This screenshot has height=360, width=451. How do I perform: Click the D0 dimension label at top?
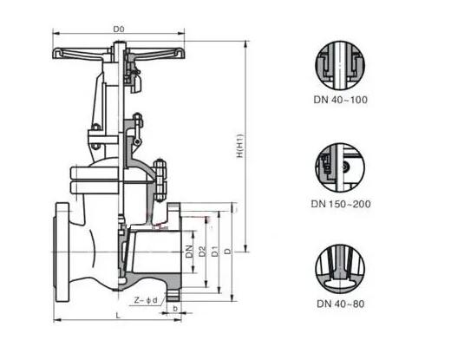point(119,29)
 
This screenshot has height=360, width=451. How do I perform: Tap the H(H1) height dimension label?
point(240,146)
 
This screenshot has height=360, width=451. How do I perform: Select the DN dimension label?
point(189,252)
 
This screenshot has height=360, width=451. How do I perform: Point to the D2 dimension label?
point(202,251)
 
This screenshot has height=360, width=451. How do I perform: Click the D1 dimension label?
point(215,251)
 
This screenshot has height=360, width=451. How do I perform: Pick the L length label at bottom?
point(118,315)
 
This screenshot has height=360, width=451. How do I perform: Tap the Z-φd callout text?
point(146,300)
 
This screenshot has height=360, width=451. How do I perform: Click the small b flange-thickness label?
point(175,309)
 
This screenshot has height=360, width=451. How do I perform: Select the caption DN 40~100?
point(341,100)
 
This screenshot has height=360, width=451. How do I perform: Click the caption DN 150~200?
point(341,204)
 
